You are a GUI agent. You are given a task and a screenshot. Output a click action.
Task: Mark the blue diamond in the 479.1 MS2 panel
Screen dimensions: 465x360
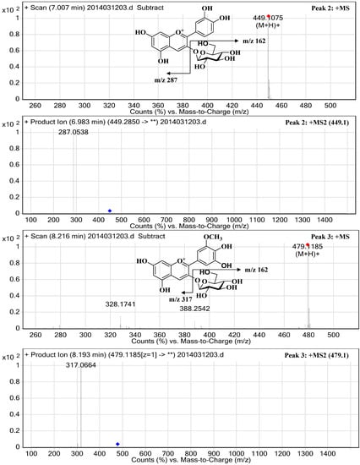[x=117, y=443]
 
